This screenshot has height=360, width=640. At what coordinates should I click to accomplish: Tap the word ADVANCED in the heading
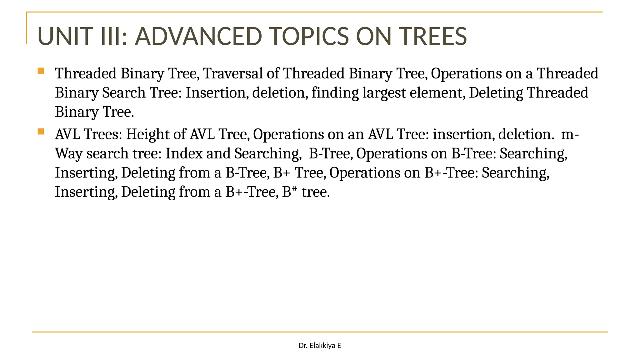coord(198,36)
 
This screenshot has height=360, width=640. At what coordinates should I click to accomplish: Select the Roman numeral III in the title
coord(110,36)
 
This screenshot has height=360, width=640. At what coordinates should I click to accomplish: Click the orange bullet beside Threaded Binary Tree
coord(41,71)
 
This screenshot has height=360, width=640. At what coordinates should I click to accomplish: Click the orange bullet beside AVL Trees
coord(41,132)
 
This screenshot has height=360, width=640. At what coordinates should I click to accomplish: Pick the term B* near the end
coord(289,192)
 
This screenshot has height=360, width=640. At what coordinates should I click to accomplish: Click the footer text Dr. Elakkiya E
coord(320,346)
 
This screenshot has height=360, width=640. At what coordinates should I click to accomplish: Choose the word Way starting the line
coord(68,154)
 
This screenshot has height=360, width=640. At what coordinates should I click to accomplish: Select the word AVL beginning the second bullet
coord(67,135)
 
